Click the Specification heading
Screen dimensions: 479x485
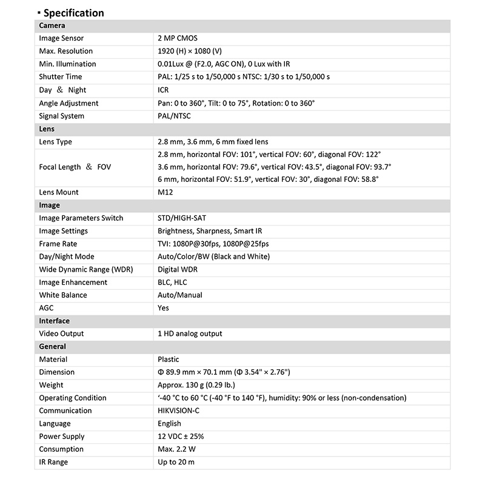coord(73,13)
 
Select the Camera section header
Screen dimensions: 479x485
coord(52,25)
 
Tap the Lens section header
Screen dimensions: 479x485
coord(47,129)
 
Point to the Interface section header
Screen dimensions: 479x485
coord(54,321)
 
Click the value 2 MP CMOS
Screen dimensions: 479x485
coord(178,38)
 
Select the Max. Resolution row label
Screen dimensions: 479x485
coord(66,51)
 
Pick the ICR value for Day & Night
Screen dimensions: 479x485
coord(163,90)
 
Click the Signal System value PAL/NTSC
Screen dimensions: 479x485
coord(174,116)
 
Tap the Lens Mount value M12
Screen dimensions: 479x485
coord(166,192)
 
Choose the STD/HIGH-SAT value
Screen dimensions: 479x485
coord(182,218)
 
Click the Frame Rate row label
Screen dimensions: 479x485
coord(58,244)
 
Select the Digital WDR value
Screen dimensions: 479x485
coord(178,269)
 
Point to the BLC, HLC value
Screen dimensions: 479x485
coord(172,282)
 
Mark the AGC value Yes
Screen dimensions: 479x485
coord(163,307)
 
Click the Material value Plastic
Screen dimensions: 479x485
coord(169,360)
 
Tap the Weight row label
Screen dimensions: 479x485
coord(51,385)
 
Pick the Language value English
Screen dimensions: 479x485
coord(169,423)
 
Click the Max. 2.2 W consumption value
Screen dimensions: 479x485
coord(176,449)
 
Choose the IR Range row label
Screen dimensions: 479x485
coord(53,462)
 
